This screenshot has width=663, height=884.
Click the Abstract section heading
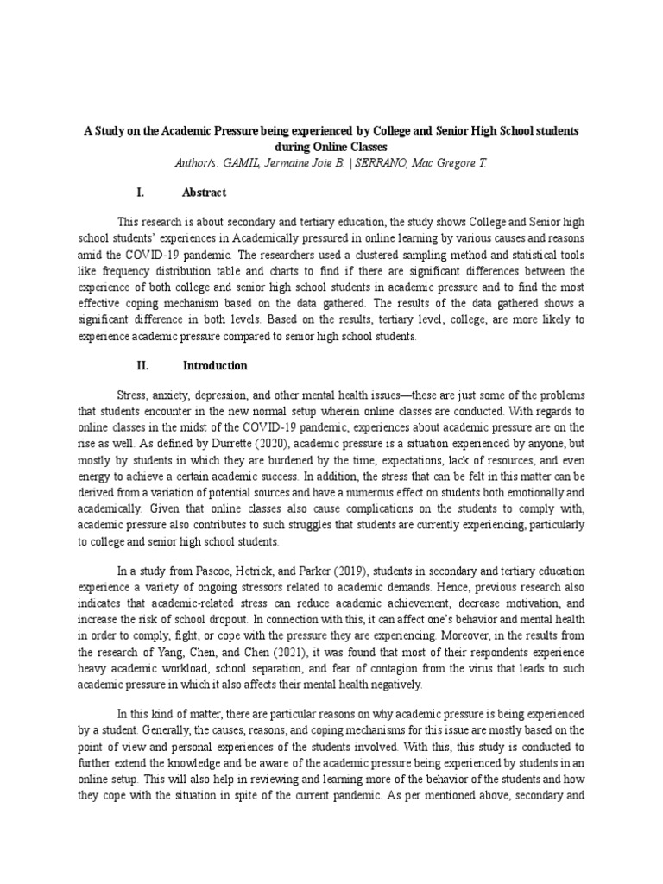pos(205,192)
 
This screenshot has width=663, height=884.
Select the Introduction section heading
pos(215,365)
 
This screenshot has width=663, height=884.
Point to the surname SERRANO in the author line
pos(406,162)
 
